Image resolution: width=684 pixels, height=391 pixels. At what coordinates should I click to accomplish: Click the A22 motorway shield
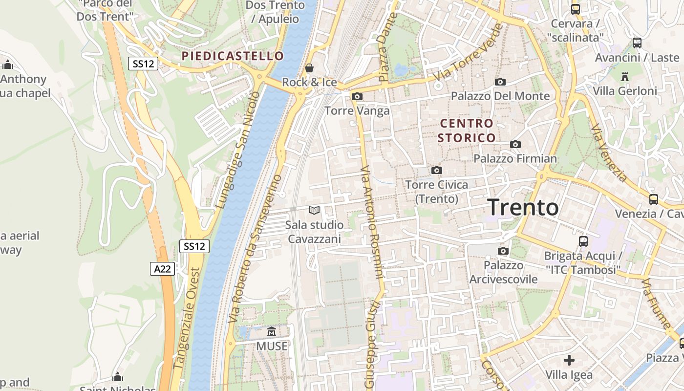point(162,269)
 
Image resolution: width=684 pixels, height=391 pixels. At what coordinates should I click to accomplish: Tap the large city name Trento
point(523,207)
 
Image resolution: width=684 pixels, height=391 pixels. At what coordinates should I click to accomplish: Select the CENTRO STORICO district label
point(467,130)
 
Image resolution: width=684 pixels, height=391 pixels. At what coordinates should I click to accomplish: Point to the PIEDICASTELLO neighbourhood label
point(233,56)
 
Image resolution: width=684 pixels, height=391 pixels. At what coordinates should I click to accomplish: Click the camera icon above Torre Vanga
point(357,96)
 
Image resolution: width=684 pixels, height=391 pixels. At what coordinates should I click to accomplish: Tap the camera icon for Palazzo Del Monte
point(500,82)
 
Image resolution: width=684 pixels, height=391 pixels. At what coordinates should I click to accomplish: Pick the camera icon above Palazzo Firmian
point(515,144)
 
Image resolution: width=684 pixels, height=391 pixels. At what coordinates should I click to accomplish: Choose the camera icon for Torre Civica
point(436,170)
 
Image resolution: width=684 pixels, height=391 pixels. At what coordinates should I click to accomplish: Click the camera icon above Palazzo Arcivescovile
point(503,251)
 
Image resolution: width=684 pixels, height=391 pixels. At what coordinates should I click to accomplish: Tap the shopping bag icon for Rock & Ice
point(309,67)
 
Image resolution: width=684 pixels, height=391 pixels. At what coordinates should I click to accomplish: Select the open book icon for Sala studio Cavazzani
point(314,211)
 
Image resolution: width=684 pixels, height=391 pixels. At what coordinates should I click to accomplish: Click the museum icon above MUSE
point(272,332)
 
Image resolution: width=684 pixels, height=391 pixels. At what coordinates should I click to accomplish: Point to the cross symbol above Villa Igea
point(569,360)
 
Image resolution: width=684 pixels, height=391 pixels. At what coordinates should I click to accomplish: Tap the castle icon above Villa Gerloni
point(624,76)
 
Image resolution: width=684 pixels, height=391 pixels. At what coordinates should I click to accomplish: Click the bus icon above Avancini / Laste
point(637,43)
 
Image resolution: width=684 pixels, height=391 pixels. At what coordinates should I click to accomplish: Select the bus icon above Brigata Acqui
point(583,241)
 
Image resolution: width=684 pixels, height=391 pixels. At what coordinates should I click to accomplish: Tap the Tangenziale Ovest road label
point(187,318)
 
